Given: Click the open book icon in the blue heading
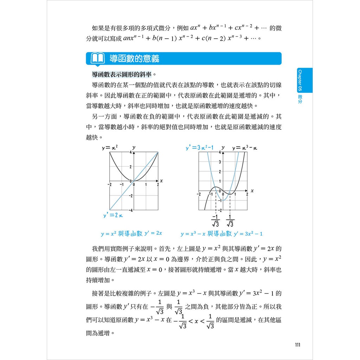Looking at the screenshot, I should [x=97, y=58].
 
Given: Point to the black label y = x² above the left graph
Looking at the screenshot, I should [x=110, y=148].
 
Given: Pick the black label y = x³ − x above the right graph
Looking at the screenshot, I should [x=245, y=148].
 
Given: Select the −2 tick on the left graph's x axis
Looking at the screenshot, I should [x=110, y=184].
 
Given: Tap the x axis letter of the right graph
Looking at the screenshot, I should [x=252, y=191].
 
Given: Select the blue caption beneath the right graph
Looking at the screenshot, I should [x=221, y=234].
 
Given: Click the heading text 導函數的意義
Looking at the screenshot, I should [x=134, y=58].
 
